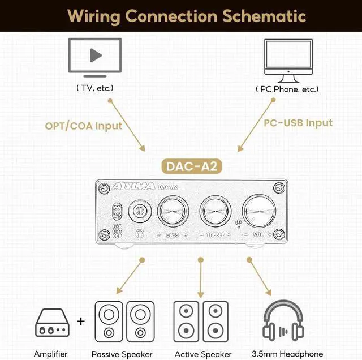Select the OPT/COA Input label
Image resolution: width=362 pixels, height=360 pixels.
click(x=84, y=126)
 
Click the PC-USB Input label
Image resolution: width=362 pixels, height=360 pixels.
click(x=298, y=122)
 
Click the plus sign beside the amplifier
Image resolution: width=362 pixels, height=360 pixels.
click(x=81, y=322)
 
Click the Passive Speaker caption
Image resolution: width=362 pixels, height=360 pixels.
click(x=122, y=354)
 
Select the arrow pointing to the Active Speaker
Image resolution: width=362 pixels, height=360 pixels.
click(x=200, y=277)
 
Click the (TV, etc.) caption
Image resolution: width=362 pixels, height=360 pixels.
click(x=95, y=88)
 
